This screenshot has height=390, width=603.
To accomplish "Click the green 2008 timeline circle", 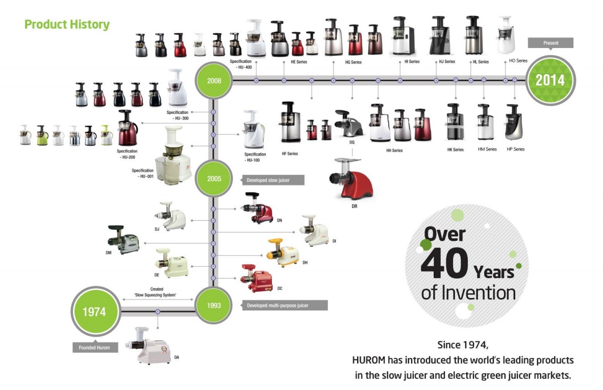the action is (214, 81).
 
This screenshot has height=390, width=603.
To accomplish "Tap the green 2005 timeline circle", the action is (214, 178).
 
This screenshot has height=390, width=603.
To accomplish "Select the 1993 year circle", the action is (214, 305).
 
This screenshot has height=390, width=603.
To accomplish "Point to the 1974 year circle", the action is (95, 311).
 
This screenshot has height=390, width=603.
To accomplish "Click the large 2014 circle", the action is (550, 80).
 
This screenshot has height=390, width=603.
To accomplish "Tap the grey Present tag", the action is (550, 43).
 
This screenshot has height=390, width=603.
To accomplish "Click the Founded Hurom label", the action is (94, 347).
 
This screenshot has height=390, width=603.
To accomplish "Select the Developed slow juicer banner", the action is (272, 180).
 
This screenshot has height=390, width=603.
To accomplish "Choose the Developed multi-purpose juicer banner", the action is (284, 305).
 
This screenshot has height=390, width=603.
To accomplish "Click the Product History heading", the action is (67, 24).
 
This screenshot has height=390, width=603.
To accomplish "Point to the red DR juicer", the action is (351, 178).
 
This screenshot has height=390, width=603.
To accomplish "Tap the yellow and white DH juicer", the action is (283, 253).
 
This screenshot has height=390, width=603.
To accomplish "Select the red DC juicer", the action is (257, 278).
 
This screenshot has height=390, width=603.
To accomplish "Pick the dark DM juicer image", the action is (123, 240).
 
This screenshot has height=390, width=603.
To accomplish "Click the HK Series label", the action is (456, 150).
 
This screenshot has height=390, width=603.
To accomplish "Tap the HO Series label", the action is (518, 60).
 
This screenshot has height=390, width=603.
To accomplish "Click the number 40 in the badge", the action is (444, 263).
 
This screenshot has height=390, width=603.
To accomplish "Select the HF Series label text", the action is (290, 153).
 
